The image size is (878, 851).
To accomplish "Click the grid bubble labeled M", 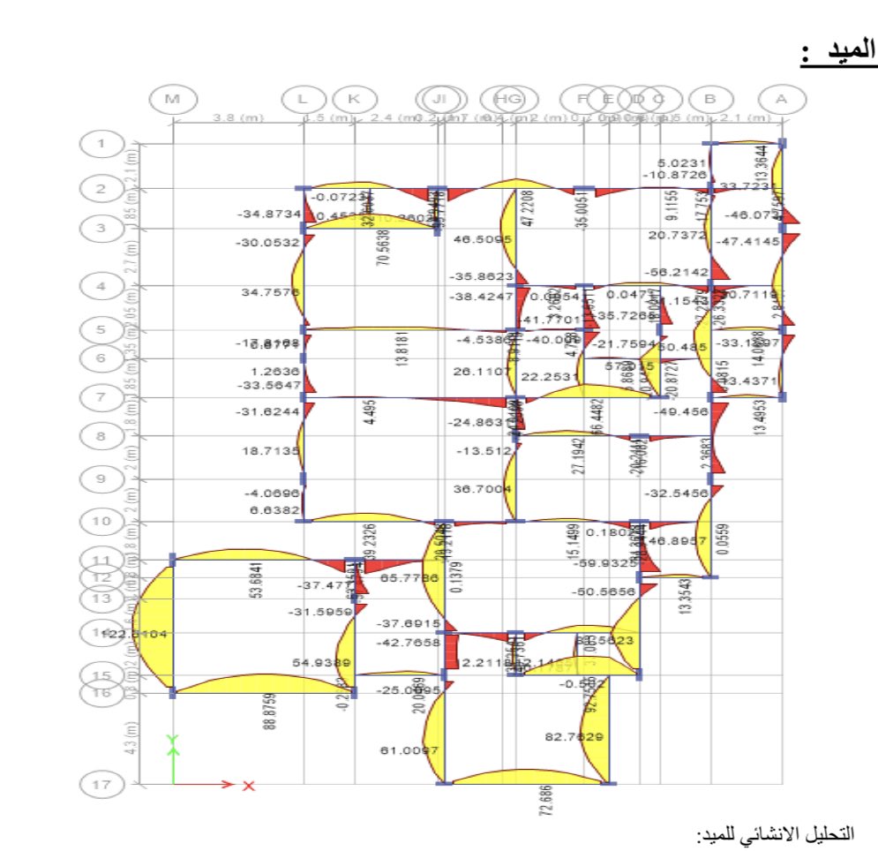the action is pyautogui.click(x=172, y=100).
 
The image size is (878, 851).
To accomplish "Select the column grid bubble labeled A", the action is pyautogui.click(x=781, y=100).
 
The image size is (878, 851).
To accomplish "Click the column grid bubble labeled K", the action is pyautogui.click(x=354, y=100).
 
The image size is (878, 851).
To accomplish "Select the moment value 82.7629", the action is pyautogui.click(x=574, y=736).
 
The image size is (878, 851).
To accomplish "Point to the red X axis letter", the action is pyautogui.click(x=249, y=785).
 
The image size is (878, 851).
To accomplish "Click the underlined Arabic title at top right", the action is pyautogui.click(x=838, y=54).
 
